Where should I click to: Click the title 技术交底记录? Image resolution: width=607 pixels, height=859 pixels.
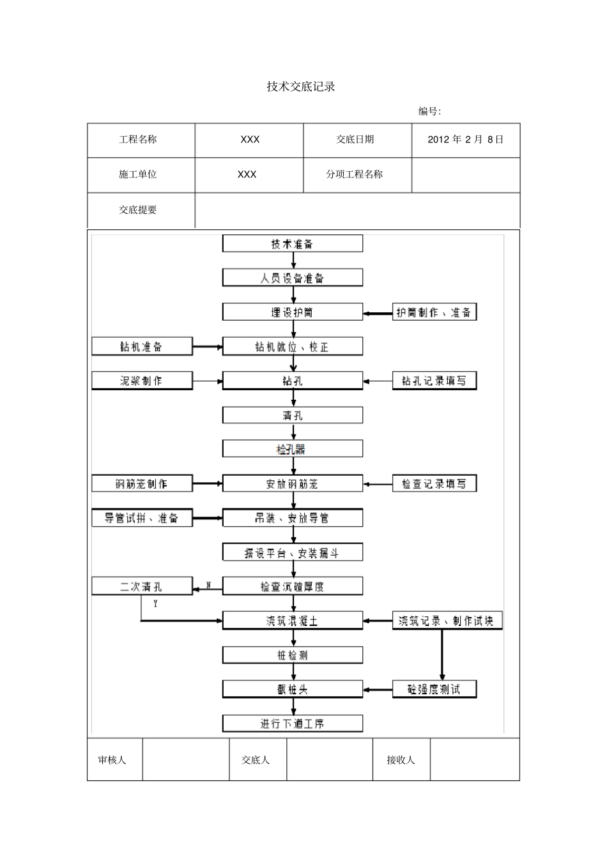(300, 87)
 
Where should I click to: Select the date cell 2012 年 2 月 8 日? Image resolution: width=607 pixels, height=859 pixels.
(465, 140)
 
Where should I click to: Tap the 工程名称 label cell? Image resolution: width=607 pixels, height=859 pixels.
(138, 140)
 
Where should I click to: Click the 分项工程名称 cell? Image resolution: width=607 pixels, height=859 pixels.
(355, 174)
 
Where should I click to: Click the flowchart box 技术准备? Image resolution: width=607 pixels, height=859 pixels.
(293, 244)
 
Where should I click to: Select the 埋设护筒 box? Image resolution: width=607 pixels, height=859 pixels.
(293, 312)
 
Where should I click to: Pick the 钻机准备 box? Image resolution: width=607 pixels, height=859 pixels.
(142, 347)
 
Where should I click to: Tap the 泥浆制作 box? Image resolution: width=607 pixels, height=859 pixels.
(142, 381)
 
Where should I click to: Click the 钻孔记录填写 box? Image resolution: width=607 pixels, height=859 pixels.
(434, 381)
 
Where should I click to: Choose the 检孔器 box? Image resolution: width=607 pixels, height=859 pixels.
(293, 449)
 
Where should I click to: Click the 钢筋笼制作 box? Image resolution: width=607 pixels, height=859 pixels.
(142, 483)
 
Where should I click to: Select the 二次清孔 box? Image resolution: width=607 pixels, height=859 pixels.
(142, 586)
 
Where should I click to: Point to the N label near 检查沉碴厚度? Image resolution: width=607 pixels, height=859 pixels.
(208, 584)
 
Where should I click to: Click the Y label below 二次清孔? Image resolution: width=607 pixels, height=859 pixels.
(155, 603)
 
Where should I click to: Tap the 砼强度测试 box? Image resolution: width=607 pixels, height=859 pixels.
(434, 689)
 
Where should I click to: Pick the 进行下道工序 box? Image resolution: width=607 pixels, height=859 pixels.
(293, 724)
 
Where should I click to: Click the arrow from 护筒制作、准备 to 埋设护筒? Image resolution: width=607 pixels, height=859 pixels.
(378, 313)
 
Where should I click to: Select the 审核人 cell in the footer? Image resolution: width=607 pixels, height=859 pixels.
(112, 760)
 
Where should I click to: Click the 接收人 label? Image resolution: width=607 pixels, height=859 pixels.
(401, 760)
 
